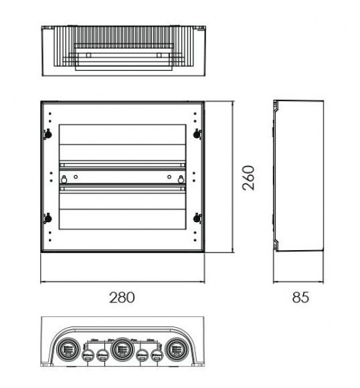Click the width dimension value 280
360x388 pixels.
pyautogui.click(x=122, y=296)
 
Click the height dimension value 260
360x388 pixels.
pyautogui.click(x=248, y=177)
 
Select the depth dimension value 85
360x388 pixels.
pyautogui.click(x=301, y=296)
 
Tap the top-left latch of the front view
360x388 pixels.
pyautogui.click(x=48, y=133)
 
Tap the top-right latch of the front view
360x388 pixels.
pyautogui.click(x=196, y=133)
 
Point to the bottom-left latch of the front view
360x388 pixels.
pyautogui.click(x=48, y=217)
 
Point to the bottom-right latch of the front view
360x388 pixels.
pyautogui.click(x=196, y=217)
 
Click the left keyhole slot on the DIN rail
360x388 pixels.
pyautogui.click(x=65, y=178)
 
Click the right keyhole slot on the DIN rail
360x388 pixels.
pyautogui.click(x=179, y=178)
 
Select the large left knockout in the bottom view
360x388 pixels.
pyautogui.click(x=68, y=349)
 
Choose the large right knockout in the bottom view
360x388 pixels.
pyautogui.click(x=176, y=349)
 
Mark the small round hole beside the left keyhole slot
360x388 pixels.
pyautogui.click(x=76, y=177)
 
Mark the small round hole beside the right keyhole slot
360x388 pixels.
pyautogui.click(x=168, y=177)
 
